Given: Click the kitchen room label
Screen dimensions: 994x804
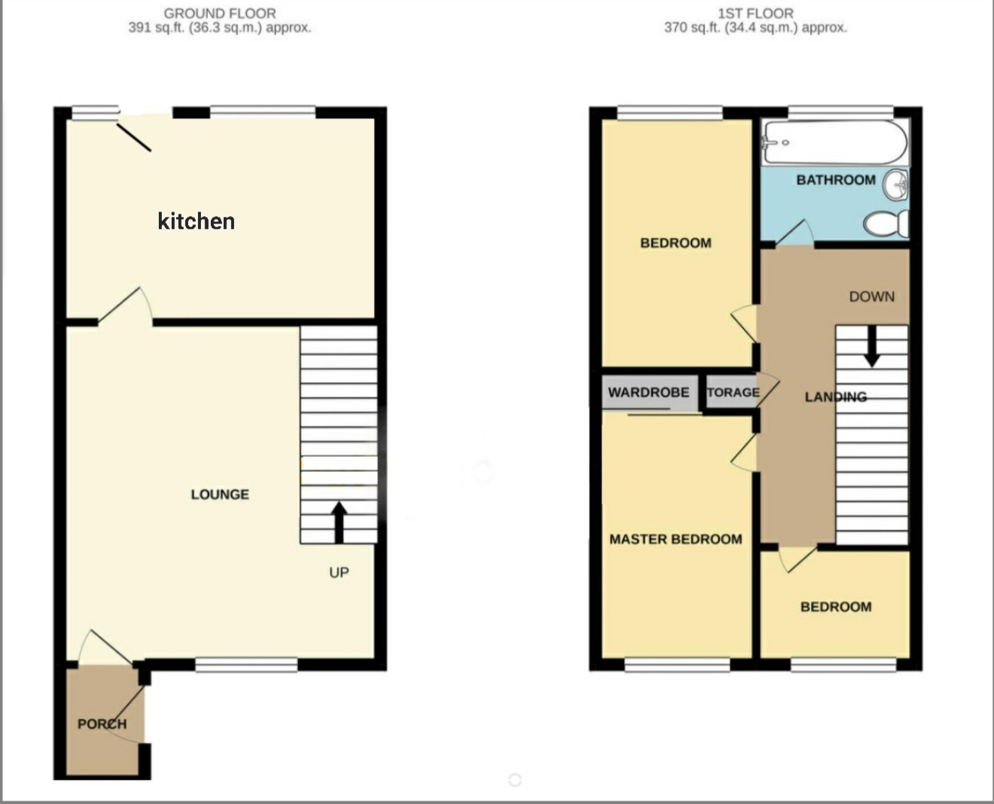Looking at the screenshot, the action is [x=196, y=221].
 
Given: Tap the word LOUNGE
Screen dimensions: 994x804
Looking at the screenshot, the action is [x=220, y=495].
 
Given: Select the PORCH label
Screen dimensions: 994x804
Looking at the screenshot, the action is [x=102, y=723].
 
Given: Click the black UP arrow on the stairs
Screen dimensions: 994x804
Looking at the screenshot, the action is [x=340, y=522].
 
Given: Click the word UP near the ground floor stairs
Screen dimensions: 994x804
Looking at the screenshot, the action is [x=339, y=572].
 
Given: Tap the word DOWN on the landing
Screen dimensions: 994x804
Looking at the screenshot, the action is [x=872, y=297].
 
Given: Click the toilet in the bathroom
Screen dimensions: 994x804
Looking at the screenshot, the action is [x=886, y=224].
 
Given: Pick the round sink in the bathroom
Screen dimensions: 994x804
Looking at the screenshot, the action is [x=895, y=185].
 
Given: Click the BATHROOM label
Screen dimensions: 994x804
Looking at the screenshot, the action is [x=836, y=180].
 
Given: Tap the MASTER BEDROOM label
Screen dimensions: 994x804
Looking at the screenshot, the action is [x=675, y=539].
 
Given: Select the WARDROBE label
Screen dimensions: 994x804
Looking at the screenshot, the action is [x=648, y=392].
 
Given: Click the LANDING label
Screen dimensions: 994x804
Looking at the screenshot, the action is [x=836, y=397].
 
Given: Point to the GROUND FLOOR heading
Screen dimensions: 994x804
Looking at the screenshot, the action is [x=220, y=13].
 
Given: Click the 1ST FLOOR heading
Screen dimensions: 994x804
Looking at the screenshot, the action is [x=755, y=13].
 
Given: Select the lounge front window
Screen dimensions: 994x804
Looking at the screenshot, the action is [x=246, y=665].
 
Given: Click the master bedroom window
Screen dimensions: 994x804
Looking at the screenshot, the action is [x=677, y=665].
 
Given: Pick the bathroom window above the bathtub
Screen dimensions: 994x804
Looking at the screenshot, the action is [x=841, y=112].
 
